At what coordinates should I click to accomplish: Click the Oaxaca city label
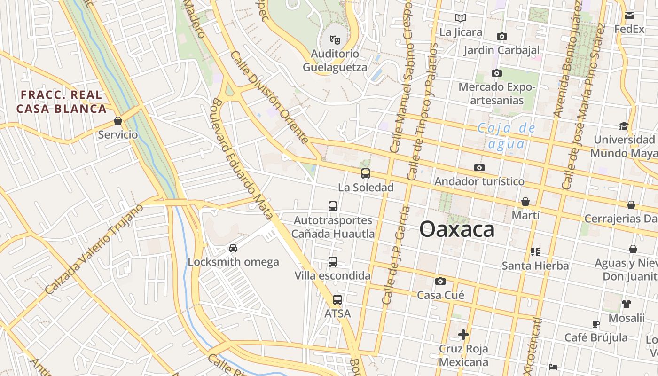pyautogui.click(x=456, y=230)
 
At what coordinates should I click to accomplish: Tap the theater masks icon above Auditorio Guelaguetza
pyautogui.click(x=335, y=39)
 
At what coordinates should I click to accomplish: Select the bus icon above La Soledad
pyautogui.click(x=366, y=173)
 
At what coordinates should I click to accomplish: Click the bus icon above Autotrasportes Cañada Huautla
pyautogui.click(x=333, y=206)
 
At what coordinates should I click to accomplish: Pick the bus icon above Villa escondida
pyautogui.click(x=333, y=262)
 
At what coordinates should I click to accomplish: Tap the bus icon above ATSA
pyautogui.click(x=337, y=299)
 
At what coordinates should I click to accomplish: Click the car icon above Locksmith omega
pyautogui.click(x=233, y=248)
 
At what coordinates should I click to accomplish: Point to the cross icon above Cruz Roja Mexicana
pyautogui.click(x=463, y=335)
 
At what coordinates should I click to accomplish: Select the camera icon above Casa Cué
pyautogui.click(x=440, y=281)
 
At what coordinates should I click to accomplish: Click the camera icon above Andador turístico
pyautogui.click(x=479, y=167)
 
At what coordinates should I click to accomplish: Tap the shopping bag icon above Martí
pyautogui.click(x=525, y=202)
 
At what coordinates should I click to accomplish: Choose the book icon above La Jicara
pyautogui.click(x=461, y=18)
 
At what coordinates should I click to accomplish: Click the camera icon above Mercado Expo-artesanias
pyautogui.click(x=497, y=73)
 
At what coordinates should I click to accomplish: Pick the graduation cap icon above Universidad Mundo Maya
pyautogui.click(x=624, y=126)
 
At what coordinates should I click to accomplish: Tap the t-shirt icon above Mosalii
pyautogui.click(x=627, y=304)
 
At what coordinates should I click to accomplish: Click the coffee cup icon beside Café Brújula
pyautogui.click(x=596, y=324)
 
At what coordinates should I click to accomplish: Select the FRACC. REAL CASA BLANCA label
pyautogui.click(x=61, y=102)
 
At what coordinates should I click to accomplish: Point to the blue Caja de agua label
pyautogui.click(x=506, y=136)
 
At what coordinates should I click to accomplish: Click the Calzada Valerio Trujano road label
pyautogui.click(x=94, y=250)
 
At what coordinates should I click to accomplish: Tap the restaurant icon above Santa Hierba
pyautogui.click(x=535, y=252)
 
